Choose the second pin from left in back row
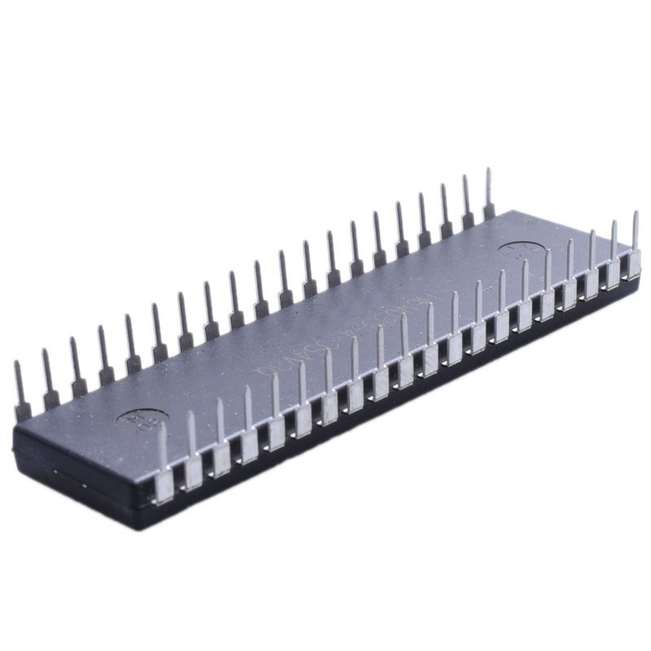click(x=50, y=382)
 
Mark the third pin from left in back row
click(x=76, y=371)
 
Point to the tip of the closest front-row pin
click(x=161, y=426)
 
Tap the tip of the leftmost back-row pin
click(x=18, y=365)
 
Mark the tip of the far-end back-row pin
click(x=488, y=172)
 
